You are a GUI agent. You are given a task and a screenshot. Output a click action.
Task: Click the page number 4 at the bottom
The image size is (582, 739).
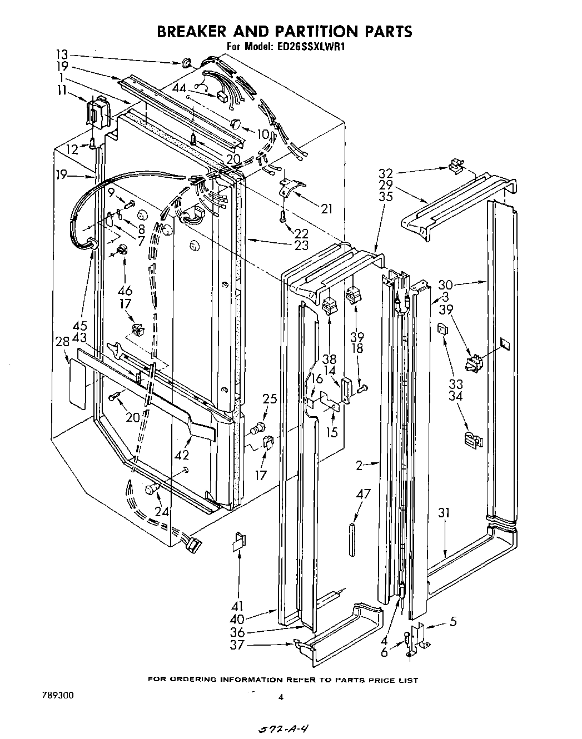281,698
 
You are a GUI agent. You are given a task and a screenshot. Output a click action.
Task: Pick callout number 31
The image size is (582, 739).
443,513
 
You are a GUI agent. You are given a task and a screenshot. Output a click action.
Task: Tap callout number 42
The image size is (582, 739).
182,455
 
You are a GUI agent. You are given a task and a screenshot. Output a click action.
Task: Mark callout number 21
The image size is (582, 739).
327,208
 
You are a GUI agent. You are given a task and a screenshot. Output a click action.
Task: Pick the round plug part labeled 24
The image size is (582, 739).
151,489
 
